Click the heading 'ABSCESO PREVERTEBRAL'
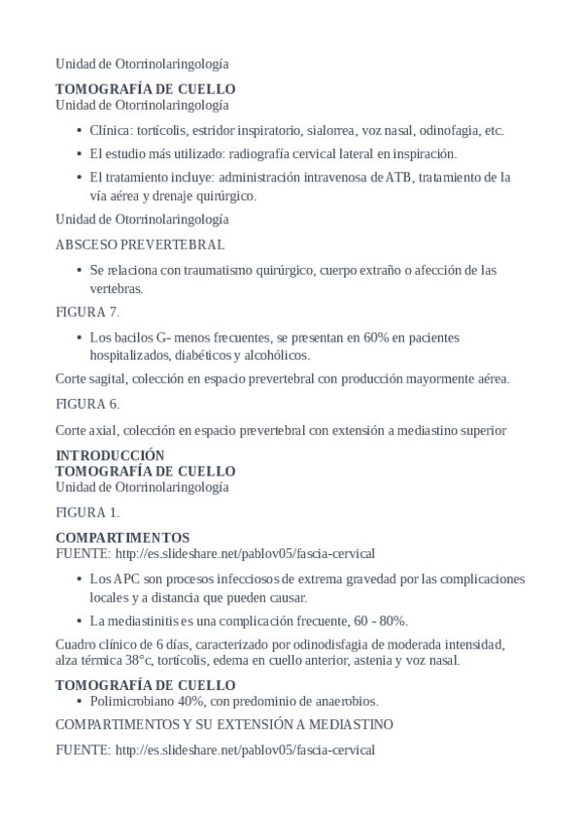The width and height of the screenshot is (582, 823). pyautogui.click(x=140, y=244)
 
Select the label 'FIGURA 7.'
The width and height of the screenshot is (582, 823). pyautogui.click(x=87, y=312)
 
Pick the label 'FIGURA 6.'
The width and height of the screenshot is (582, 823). pyautogui.click(x=87, y=403)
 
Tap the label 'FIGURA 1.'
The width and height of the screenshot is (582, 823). pyautogui.click(x=87, y=511)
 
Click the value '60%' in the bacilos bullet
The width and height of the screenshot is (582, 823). pyautogui.click(x=378, y=337)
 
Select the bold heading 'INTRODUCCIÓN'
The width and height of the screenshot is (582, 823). pyautogui.click(x=110, y=455)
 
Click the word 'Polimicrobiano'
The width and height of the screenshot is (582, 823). pyautogui.click(x=132, y=700)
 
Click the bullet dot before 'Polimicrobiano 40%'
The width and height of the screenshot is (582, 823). pyautogui.click(x=78, y=700)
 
